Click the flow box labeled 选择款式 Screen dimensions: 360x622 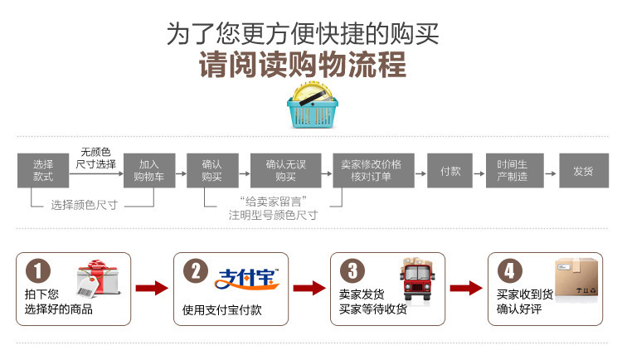43,171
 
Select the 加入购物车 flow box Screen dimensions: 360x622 149,171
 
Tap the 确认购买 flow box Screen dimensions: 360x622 211,171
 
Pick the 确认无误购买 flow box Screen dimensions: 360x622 285,171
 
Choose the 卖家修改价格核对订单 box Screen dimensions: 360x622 371,171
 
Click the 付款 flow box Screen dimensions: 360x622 450,171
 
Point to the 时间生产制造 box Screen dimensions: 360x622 512,171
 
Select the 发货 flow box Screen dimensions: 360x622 583,171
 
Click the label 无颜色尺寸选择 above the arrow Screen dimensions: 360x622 96,158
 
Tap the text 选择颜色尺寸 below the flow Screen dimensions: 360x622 84,205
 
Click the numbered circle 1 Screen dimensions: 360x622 39,271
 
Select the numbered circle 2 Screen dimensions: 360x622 196,271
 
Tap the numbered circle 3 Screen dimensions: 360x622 352,271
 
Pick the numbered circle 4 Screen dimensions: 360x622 509,271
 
